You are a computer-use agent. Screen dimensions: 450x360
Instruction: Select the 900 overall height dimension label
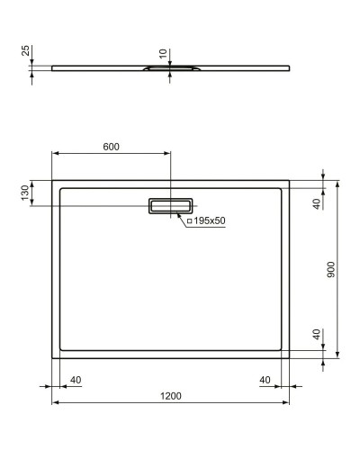point(331,270)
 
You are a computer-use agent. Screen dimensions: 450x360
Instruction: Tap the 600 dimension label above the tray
point(110,146)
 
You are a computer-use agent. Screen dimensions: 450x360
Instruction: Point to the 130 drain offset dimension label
point(24,193)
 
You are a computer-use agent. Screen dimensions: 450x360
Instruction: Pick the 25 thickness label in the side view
point(24,51)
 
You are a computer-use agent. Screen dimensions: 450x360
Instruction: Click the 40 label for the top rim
point(316,203)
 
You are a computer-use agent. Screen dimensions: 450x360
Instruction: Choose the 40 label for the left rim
point(76,380)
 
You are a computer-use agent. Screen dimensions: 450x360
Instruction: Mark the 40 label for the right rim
point(265,380)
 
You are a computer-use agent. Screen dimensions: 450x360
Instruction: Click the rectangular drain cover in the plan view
point(170,206)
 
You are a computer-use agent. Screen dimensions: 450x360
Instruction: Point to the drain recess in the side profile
point(169,67)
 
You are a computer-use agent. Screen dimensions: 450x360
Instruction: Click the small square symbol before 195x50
point(190,221)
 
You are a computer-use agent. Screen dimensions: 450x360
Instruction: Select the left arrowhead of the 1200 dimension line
point(54,402)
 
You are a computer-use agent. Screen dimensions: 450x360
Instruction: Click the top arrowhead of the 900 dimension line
point(338,183)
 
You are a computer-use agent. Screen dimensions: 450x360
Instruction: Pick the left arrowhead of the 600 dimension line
point(54,153)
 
